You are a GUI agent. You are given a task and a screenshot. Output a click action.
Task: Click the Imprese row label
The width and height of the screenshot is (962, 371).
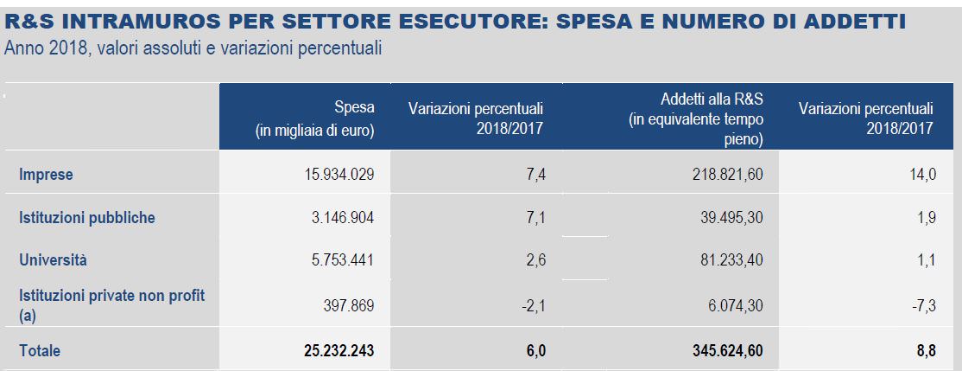tap(47, 176)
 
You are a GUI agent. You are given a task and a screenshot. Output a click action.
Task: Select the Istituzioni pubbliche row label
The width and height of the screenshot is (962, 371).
tap(87, 218)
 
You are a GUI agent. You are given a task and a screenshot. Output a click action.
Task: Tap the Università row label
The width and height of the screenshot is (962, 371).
tap(54, 260)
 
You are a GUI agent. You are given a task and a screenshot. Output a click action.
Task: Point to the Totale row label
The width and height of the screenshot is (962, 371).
tap(40, 351)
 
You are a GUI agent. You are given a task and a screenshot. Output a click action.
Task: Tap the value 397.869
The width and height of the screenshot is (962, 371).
tap(348, 304)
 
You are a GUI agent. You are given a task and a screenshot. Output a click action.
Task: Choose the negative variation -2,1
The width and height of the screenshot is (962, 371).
tap(535, 304)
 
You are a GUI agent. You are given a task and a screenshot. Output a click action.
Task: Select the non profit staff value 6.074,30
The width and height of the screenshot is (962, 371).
tap(733, 304)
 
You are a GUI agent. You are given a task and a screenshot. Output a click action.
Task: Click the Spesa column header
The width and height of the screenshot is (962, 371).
tap(314, 119)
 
